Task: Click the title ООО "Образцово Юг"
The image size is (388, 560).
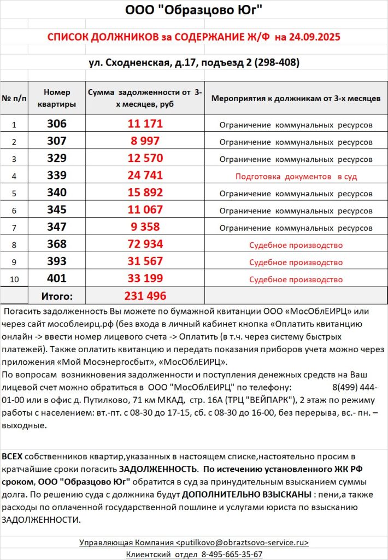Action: click(194, 10)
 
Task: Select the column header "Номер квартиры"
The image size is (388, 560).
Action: click(57, 98)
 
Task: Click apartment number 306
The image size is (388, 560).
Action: click(57, 124)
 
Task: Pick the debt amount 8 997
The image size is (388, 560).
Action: click(145, 141)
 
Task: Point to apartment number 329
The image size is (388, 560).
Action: click(57, 159)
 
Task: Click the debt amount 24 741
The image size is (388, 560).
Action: click(145, 176)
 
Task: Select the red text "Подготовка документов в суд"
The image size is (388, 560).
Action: click(296, 177)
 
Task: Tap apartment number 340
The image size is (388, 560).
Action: click(57, 193)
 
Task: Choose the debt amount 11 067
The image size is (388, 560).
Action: click(145, 210)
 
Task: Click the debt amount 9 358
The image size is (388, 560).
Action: click(145, 227)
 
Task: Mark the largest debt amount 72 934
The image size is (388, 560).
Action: click(145, 244)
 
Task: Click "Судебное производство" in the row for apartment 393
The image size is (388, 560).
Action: click(296, 262)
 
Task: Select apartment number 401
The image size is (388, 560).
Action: click(57, 279)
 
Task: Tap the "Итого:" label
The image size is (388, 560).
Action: click(57, 296)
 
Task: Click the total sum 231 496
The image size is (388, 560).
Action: click(145, 296)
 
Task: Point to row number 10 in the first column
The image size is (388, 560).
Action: click(14, 279)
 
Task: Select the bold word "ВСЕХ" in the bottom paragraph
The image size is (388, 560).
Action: click(13, 456)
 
